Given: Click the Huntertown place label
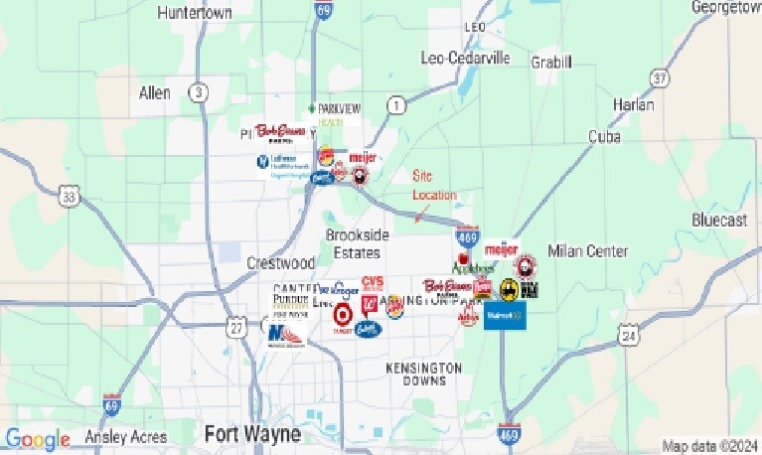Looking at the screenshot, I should (x=195, y=13).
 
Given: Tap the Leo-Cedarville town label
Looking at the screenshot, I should (x=466, y=58).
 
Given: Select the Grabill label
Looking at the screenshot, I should (x=552, y=63).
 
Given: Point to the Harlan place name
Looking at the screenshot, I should (x=634, y=104).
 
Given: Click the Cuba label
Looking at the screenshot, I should (x=604, y=136).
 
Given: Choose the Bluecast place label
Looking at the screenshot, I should (x=719, y=221).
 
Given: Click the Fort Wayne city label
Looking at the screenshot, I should (x=252, y=434).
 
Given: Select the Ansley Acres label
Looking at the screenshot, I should (x=124, y=437).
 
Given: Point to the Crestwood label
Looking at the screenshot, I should (x=280, y=263).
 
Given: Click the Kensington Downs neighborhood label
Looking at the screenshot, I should (x=424, y=375).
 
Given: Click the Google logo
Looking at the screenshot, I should (x=38, y=438).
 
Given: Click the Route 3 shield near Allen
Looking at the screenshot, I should (x=201, y=92).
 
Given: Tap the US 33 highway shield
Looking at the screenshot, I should (x=69, y=197).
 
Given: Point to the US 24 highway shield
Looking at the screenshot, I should (x=628, y=338).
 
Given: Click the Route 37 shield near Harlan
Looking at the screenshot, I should (x=658, y=77).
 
